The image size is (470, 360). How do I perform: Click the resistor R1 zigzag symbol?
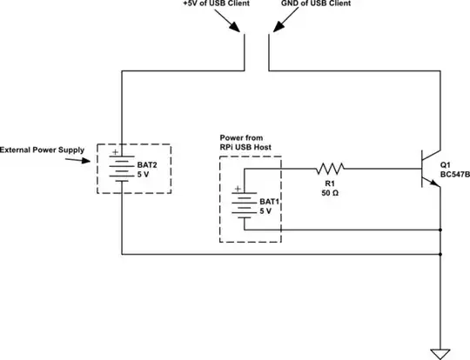click(330, 167)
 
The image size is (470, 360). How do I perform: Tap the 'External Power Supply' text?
click(43, 150)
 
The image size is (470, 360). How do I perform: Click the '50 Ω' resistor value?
click(330, 193)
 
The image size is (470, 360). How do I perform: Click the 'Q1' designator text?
click(446, 163)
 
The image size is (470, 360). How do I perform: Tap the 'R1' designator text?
click(330, 183)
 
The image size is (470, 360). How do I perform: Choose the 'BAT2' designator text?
click(147, 163)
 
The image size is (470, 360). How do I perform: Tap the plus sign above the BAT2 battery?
click(114, 150)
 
